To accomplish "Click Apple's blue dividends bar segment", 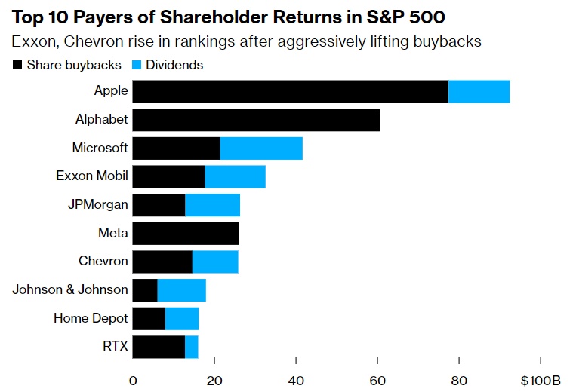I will [x=479, y=91].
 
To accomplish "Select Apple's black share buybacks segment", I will [x=290, y=91].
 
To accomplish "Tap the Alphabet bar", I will [x=256, y=120].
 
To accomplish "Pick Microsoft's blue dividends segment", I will [x=261, y=149].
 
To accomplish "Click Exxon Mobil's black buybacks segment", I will [x=168, y=176].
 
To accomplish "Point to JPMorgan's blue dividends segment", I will [x=212, y=204].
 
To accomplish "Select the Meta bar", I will [x=186, y=233].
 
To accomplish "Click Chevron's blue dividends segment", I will [x=215, y=262].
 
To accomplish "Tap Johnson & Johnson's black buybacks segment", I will [x=145, y=290].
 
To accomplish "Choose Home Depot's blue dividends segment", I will [x=182, y=318].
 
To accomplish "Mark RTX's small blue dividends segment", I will [x=192, y=347].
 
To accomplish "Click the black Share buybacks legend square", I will [x=17, y=66].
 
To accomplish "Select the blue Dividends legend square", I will [x=138, y=66].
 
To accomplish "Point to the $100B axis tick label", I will [x=540, y=379].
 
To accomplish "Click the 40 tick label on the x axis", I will [x=296, y=379].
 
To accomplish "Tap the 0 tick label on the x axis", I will [x=133, y=379].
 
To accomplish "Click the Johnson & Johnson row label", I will [x=70, y=290].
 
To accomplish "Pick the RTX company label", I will [x=113, y=347].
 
